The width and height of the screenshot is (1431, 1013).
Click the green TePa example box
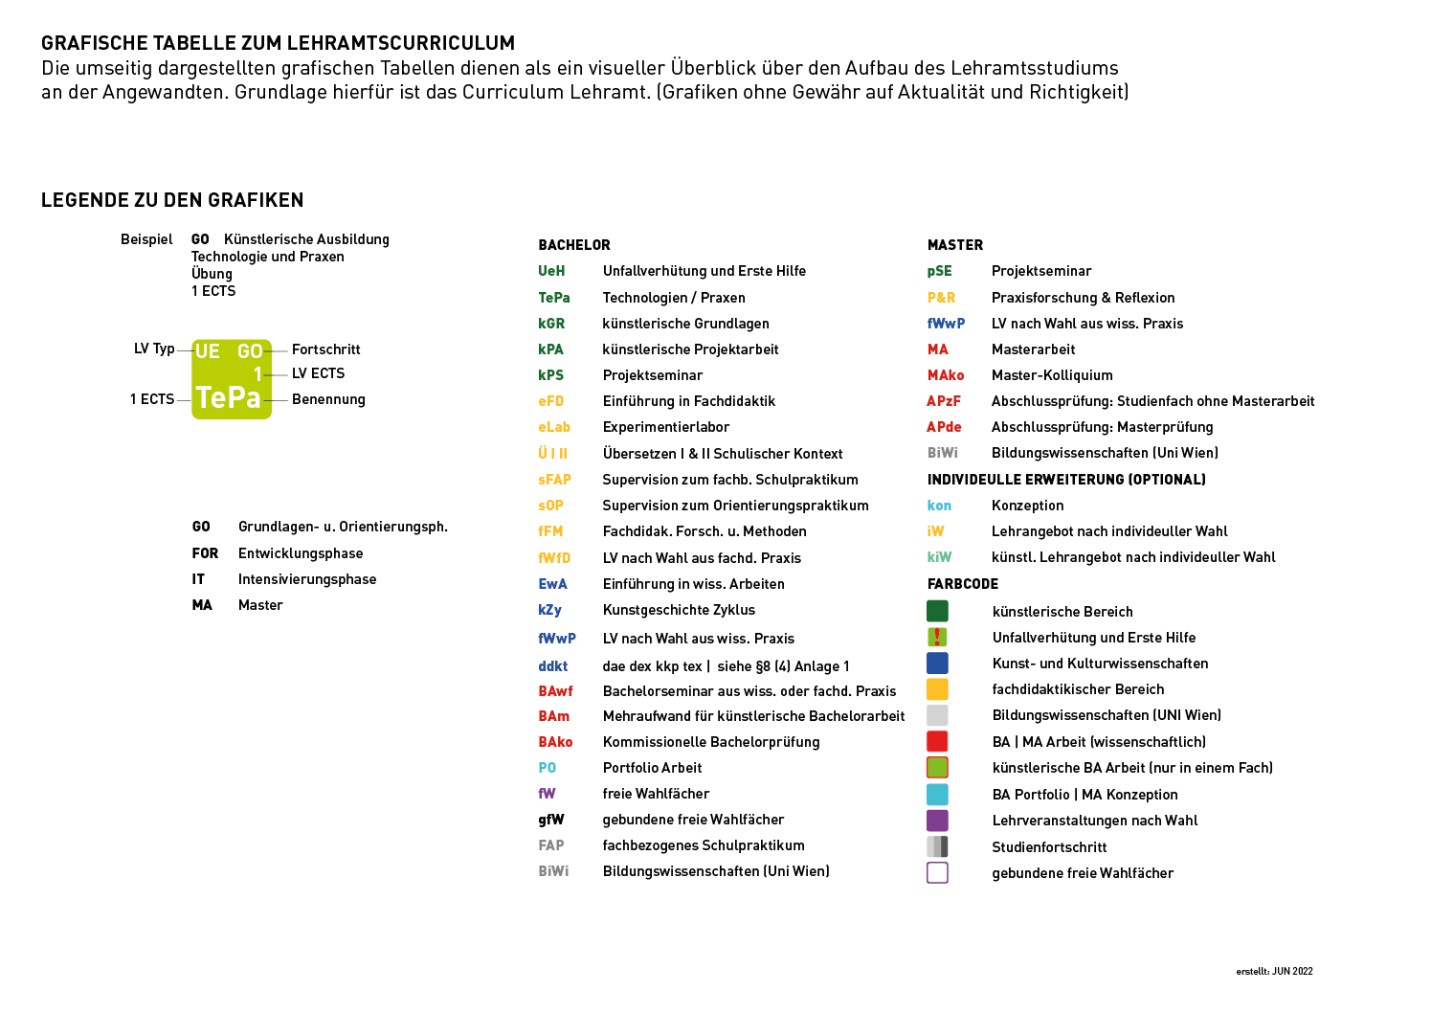(232, 379)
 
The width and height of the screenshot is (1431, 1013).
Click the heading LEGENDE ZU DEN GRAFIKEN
(172, 200)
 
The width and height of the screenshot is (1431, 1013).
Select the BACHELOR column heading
(574, 245)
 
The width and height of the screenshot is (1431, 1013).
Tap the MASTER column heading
(955, 245)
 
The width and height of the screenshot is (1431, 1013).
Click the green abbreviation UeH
(551, 271)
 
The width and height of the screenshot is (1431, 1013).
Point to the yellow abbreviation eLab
(554, 427)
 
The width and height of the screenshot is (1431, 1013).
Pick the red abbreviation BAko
(555, 742)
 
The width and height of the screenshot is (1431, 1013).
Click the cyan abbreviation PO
(547, 768)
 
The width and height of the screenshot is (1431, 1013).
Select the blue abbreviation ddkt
(552, 666)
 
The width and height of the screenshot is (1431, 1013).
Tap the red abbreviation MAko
(946, 375)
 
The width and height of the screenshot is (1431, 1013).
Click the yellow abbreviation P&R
(941, 298)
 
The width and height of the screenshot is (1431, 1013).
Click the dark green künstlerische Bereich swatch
(937, 611)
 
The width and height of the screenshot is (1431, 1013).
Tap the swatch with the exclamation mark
(937, 637)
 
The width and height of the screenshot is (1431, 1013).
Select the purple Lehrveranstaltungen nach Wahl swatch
(937, 821)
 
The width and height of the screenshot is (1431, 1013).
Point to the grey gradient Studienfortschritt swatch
(937, 846)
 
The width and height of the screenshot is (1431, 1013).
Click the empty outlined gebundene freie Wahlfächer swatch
(937, 872)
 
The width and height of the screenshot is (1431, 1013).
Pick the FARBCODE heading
(963, 584)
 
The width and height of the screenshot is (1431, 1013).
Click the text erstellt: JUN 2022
(1274, 971)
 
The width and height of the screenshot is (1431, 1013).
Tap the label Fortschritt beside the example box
(326, 349)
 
